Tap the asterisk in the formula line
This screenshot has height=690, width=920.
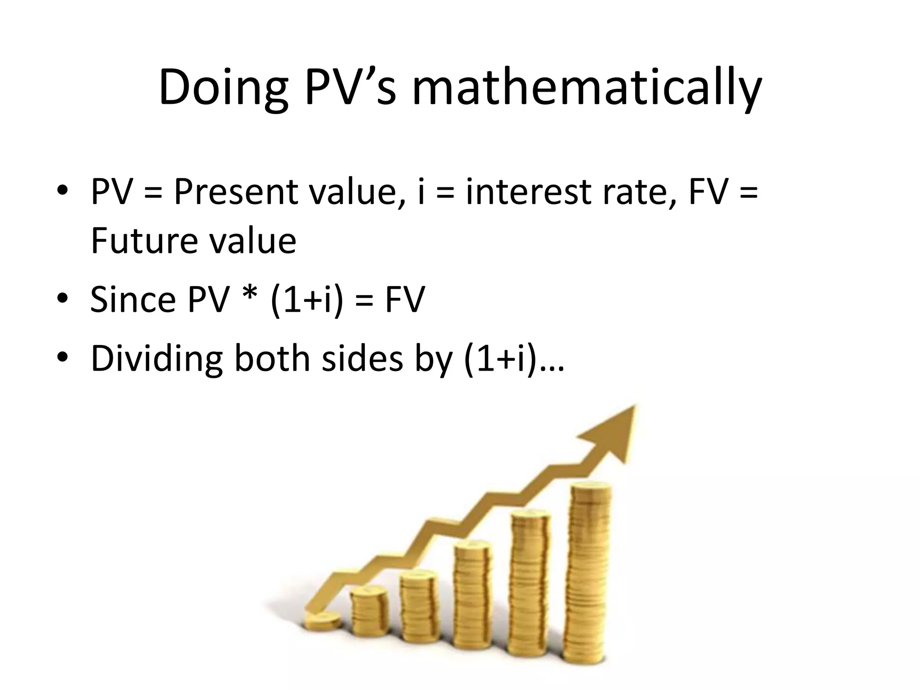coord(252,294)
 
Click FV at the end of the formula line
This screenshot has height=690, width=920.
coord(404,300)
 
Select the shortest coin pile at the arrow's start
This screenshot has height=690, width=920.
coord(322,623)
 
